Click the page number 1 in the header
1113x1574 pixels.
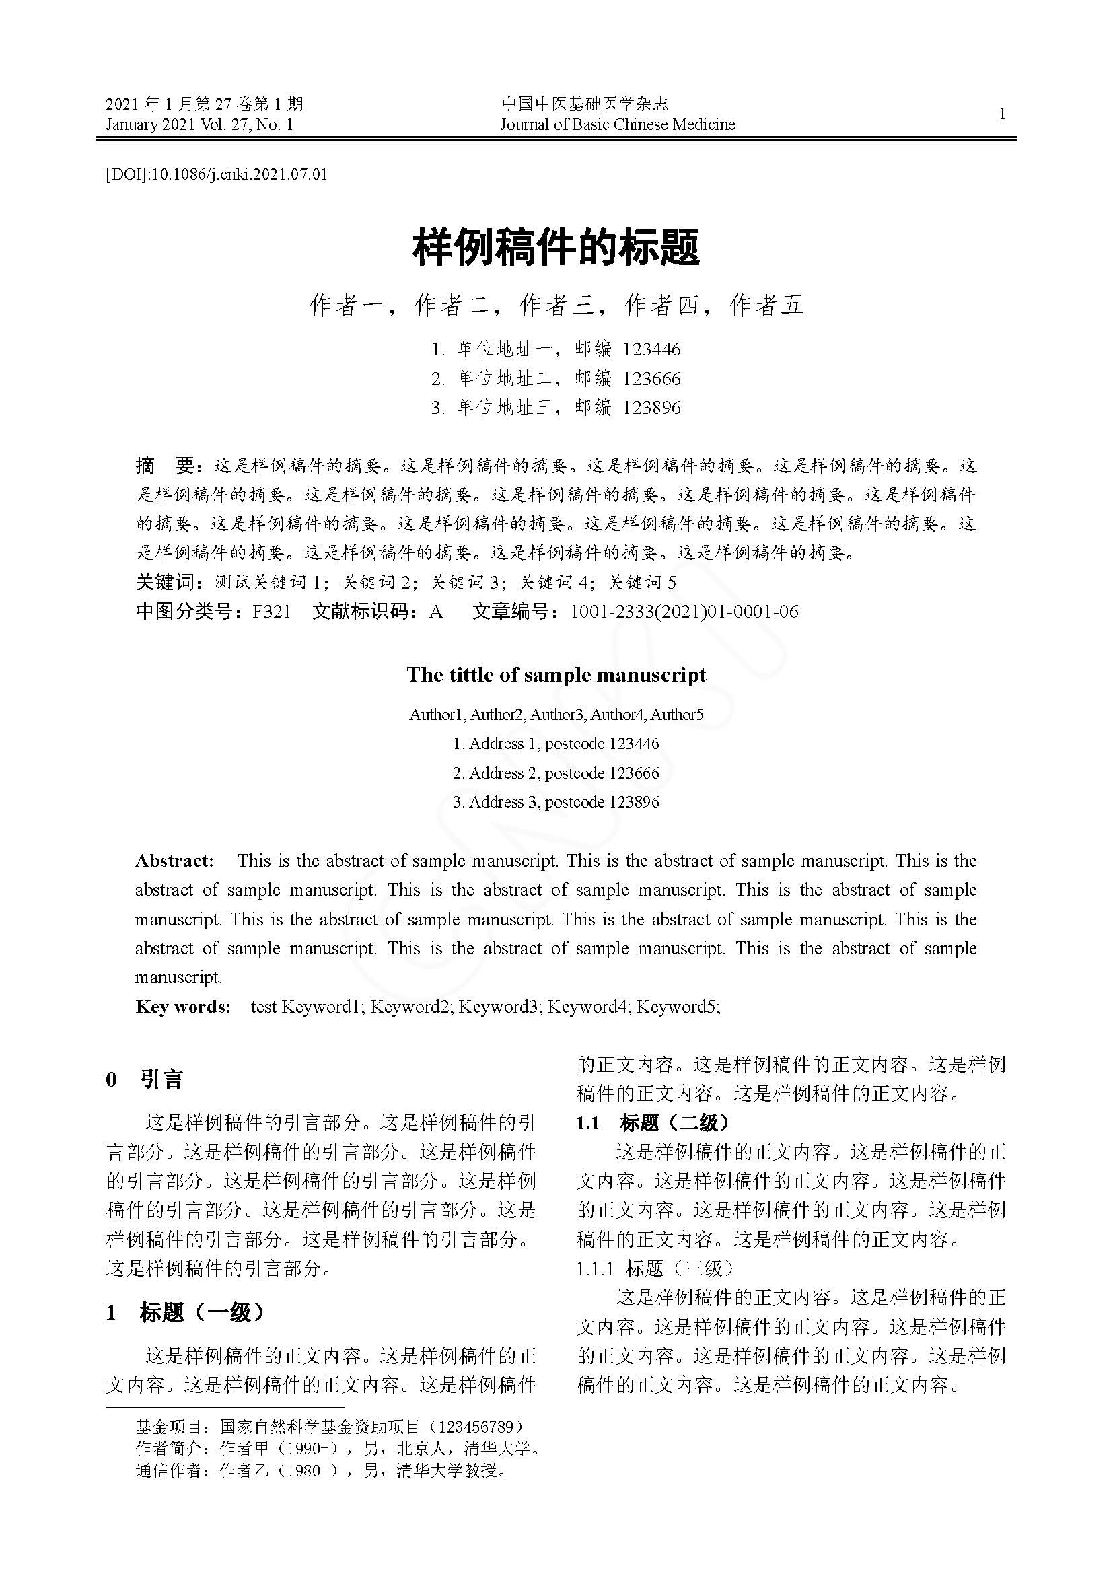[1002, 114]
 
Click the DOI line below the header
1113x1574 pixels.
[217, 174]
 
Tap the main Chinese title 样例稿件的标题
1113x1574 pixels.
[556, 248]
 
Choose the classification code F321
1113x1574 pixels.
[271, 612]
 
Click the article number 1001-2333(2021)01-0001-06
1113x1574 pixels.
[684, 612]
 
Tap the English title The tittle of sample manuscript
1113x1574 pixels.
[556, 674]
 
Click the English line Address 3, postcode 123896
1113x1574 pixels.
[556, 802]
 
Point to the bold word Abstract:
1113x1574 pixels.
[175, 861]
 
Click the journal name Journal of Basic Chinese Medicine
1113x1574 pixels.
[617, 124]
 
